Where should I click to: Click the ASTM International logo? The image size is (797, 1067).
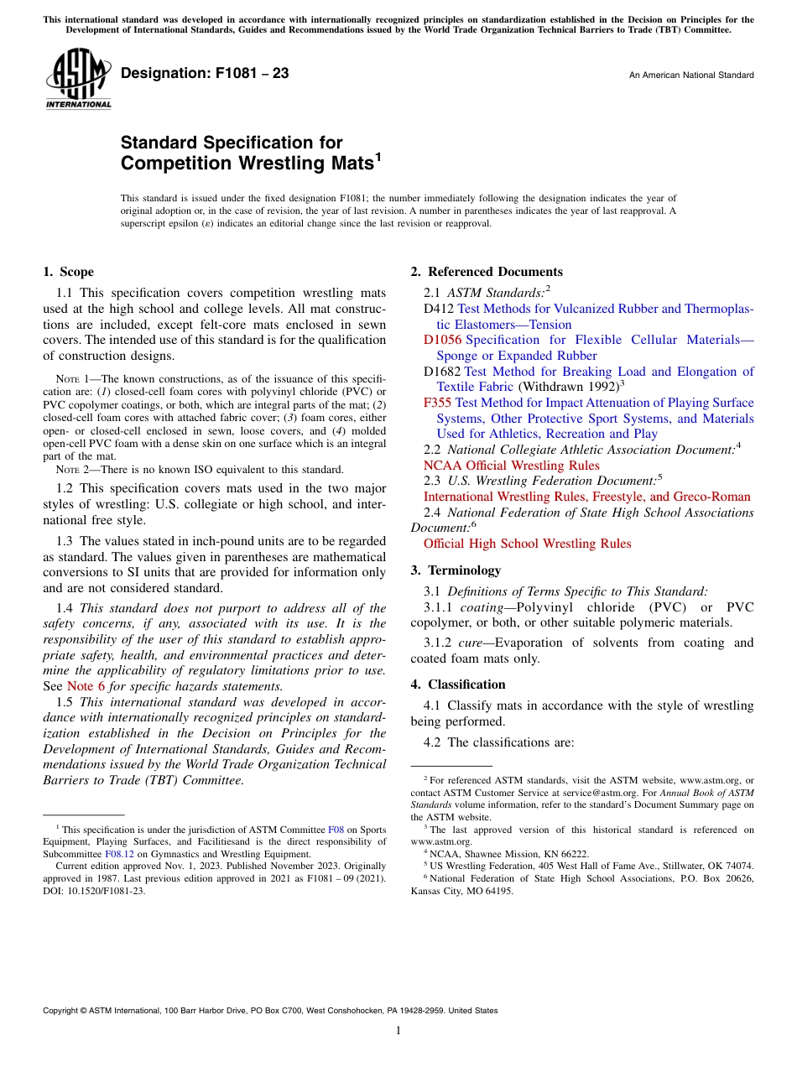pos(77,78)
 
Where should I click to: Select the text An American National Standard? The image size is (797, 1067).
pos(690,75)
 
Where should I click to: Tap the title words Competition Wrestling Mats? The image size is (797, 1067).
pos(247,162)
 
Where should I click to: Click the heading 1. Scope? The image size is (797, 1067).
pos(69,272)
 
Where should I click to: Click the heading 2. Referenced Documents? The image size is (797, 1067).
pos(487,272)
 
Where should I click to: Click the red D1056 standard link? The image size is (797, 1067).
pos(442,340)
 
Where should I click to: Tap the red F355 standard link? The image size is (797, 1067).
pos(438,403)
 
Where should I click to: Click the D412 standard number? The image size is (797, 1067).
pos(439,309)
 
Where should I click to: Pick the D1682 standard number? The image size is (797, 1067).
pos(442,372)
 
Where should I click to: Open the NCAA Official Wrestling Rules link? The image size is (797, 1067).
pos(511,466)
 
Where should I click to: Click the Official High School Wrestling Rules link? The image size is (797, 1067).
pos(527,544)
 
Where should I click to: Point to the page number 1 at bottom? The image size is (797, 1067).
pos(398,1031)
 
